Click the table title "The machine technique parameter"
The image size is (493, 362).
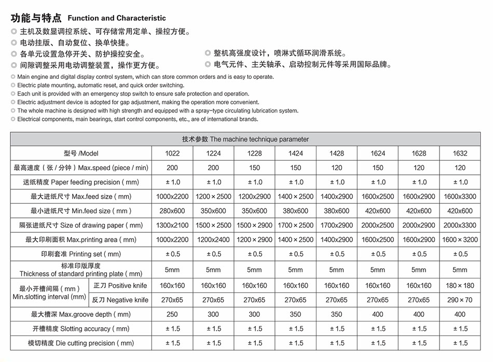(x=245, y=139)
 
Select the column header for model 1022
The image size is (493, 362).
(x=172, y=154)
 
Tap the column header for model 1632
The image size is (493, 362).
(x=460, y=154)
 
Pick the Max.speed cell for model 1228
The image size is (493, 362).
(x=254, y=168)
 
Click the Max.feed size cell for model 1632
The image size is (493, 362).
(x=460, y=197)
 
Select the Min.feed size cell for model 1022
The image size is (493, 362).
(x=172, y=211)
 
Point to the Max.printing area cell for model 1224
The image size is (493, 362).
(x=213, y=240)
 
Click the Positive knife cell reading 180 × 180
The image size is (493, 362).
(x=460, y=286)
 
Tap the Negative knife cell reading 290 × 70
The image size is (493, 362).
(x=460, y=300)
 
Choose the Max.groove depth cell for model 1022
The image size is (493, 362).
(x=172, y=314)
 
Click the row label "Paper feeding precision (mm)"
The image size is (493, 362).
(x=81, y=182)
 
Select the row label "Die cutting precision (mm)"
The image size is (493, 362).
(x=81, y=343)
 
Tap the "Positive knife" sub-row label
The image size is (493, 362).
(x=120, y=286)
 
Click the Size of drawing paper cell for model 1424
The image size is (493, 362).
(x=295, y=226)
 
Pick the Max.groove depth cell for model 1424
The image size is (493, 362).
(x=295, y=314)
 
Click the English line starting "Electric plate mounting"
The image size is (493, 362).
(x=101, y=86)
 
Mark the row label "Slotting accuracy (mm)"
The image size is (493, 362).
(x=81, y=329)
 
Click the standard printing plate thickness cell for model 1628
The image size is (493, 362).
(x=419, y=270)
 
